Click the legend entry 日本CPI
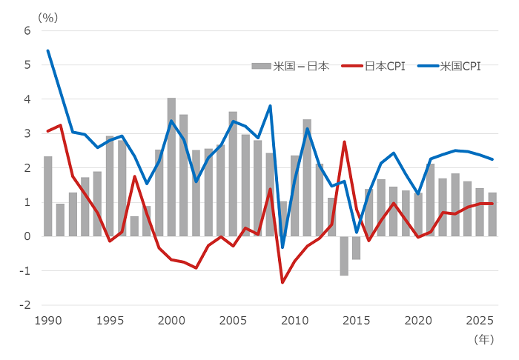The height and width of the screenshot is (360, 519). pyautogui.click(x=383, y=66)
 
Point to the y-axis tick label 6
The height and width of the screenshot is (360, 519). pyautogui.click(x=27, y=31)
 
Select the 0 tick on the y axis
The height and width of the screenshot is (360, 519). pyautogui.click(x=27, y=237)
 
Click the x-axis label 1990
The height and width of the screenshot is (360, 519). pyautogui.click(x=48, y=321)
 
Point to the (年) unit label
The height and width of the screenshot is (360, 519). pyautogui.click(x=483, y=339)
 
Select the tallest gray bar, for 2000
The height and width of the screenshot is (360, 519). pyautogui.click(x=171, y=167)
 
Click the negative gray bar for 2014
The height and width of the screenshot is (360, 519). pyautogui.click(x=344, y=256)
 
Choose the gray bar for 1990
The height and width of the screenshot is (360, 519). pyautogui.click(x=48, y=196)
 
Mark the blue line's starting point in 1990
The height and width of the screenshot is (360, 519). pyautogui.click(x=48, y=50)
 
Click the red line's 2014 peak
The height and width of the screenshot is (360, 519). pyautogui.click(x=344, y=141)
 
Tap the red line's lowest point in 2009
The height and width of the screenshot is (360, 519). pyautogui.click(x=282, y=282)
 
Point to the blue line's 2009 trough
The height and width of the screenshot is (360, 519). pyautogui.click(x=282, y=247)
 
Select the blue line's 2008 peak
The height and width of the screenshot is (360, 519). pyautogui.click(x=270, y=106)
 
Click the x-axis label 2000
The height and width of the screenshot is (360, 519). pyautogui.click(x=171, y=321)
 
